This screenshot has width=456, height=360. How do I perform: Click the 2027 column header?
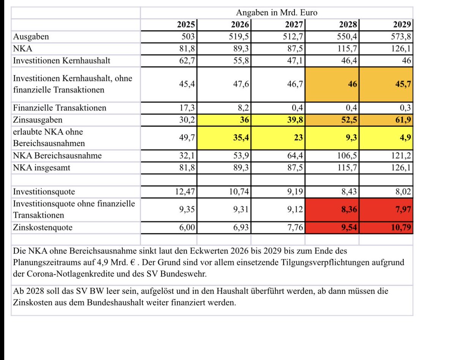(294, 25)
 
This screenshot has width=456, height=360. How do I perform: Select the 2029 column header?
(402, 25)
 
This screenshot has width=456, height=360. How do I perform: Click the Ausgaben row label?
(31, 37)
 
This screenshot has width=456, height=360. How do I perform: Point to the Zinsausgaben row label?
(37, 120)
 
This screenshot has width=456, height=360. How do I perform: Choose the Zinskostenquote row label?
(43, 228)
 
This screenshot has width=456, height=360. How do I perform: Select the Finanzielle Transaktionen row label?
(60, 108)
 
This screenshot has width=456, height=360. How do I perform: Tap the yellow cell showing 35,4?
(241, 137)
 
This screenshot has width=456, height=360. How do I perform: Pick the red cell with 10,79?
(402, 228)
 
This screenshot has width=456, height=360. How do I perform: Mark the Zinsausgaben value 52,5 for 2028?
(348, 120)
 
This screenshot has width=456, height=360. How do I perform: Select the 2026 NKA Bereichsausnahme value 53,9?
(241, 155)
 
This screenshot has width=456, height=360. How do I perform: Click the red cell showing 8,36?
(348, 209)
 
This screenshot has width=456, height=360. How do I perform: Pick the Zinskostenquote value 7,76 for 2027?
(295, 228)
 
